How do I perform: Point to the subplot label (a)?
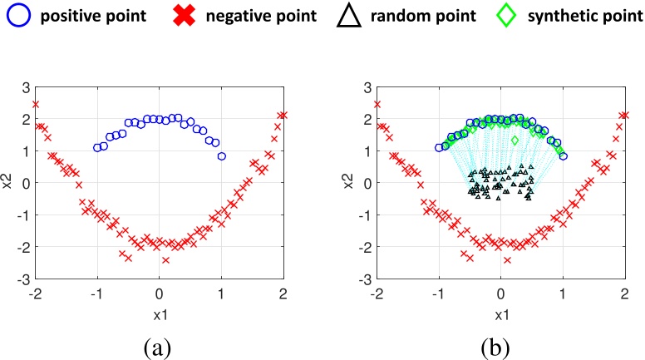point(158,343)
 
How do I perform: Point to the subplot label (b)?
point(500,343)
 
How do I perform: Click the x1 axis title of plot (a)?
point(159,315)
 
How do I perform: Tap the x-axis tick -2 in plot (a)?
point(35,293)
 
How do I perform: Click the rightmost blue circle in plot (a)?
point(221,156)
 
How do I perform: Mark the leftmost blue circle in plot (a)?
point(97,148)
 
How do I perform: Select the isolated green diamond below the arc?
point(515,141)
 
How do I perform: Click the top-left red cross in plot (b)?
point(377,105)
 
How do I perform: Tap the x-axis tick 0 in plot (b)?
point(500,293)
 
